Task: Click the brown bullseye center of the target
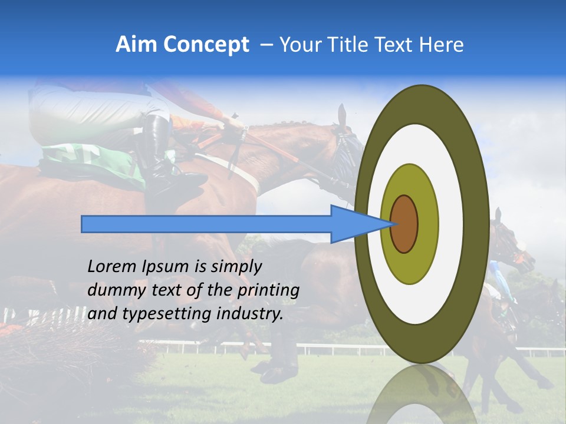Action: (404, 224)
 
